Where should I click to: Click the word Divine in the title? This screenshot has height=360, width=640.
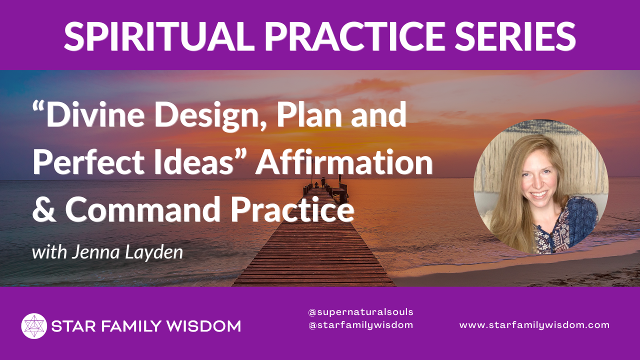95,115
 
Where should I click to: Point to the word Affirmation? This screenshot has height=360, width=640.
344,161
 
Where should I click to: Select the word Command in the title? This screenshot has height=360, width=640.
143,209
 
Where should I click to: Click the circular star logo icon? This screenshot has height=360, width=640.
34,326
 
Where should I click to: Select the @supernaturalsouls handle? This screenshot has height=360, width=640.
361,312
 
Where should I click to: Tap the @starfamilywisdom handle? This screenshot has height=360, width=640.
361,325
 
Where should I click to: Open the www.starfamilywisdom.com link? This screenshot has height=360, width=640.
534,325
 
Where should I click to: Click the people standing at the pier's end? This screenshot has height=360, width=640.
323,182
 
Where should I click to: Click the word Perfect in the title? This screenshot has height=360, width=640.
88,161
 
